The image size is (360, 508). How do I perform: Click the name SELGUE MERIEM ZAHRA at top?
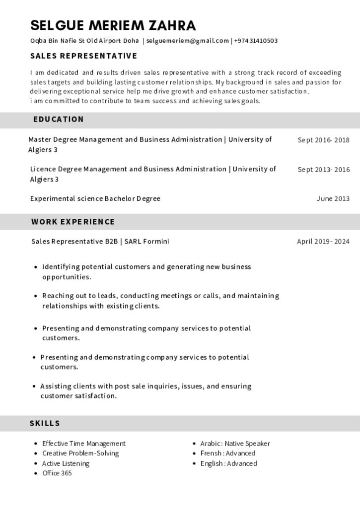pos(113,25)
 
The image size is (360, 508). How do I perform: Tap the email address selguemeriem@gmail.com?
pos(187,41)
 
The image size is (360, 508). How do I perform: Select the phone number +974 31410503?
pos(256,41)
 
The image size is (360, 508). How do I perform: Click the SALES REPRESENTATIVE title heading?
pos(83,56)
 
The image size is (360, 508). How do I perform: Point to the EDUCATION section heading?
pos(59,120)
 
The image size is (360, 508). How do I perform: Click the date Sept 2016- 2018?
pos(323,140)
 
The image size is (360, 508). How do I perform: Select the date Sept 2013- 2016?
pos(323,170)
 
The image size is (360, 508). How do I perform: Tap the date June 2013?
pos(333,199)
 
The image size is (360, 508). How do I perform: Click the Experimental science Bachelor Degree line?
pos(95,199)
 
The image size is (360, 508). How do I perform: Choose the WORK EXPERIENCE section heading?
pos(73,222)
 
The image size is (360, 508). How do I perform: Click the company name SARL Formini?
pos(146,242)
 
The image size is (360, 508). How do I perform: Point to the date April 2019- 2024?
pos(323,242)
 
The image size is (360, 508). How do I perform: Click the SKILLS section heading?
pos(45,423)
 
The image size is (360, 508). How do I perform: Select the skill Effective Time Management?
pos(84,444)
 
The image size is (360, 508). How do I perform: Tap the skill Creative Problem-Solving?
pos(80,453)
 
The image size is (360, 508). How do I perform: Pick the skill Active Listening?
pos(66,463)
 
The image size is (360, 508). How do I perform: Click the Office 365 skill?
pos(57,473)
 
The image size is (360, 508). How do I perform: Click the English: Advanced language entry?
pos(228,463)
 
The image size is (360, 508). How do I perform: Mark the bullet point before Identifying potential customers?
pos(36,267)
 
